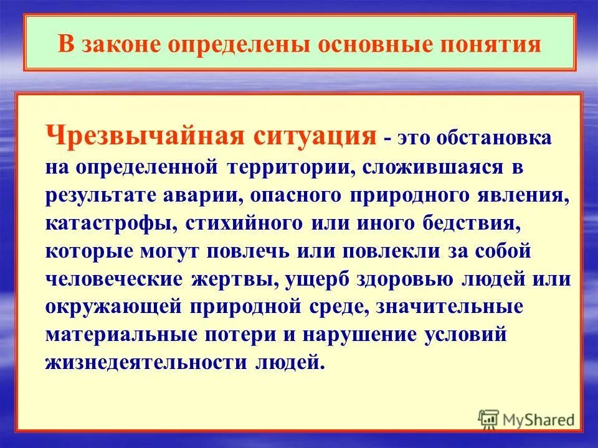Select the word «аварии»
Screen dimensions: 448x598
203,195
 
